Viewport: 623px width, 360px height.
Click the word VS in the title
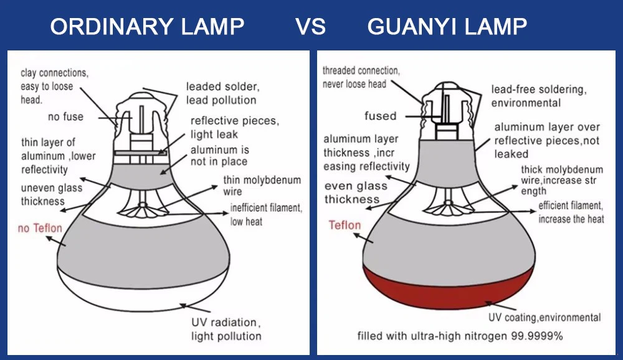(310, 27)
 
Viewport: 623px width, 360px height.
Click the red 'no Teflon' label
(40, 228)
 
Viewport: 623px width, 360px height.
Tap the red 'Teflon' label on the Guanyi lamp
(345, 225)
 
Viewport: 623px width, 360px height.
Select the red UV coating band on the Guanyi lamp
(448, 288)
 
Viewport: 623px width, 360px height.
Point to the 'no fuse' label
(65, 117)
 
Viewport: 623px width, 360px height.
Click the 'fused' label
(380, 116)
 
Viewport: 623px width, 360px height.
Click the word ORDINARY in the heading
(112, 27)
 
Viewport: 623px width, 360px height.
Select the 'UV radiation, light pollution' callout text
(227, 329)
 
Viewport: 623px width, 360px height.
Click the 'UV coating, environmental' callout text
(545, 318)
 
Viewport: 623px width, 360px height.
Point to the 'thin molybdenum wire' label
(262, 186)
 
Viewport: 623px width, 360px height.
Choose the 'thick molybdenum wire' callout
(562, 181)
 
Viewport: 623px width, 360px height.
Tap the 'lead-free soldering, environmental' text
(539, 96)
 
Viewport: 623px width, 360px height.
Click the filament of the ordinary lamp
(141, 209)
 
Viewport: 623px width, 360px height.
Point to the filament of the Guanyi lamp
(448, 207)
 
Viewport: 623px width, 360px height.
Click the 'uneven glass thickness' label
(52, 194)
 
